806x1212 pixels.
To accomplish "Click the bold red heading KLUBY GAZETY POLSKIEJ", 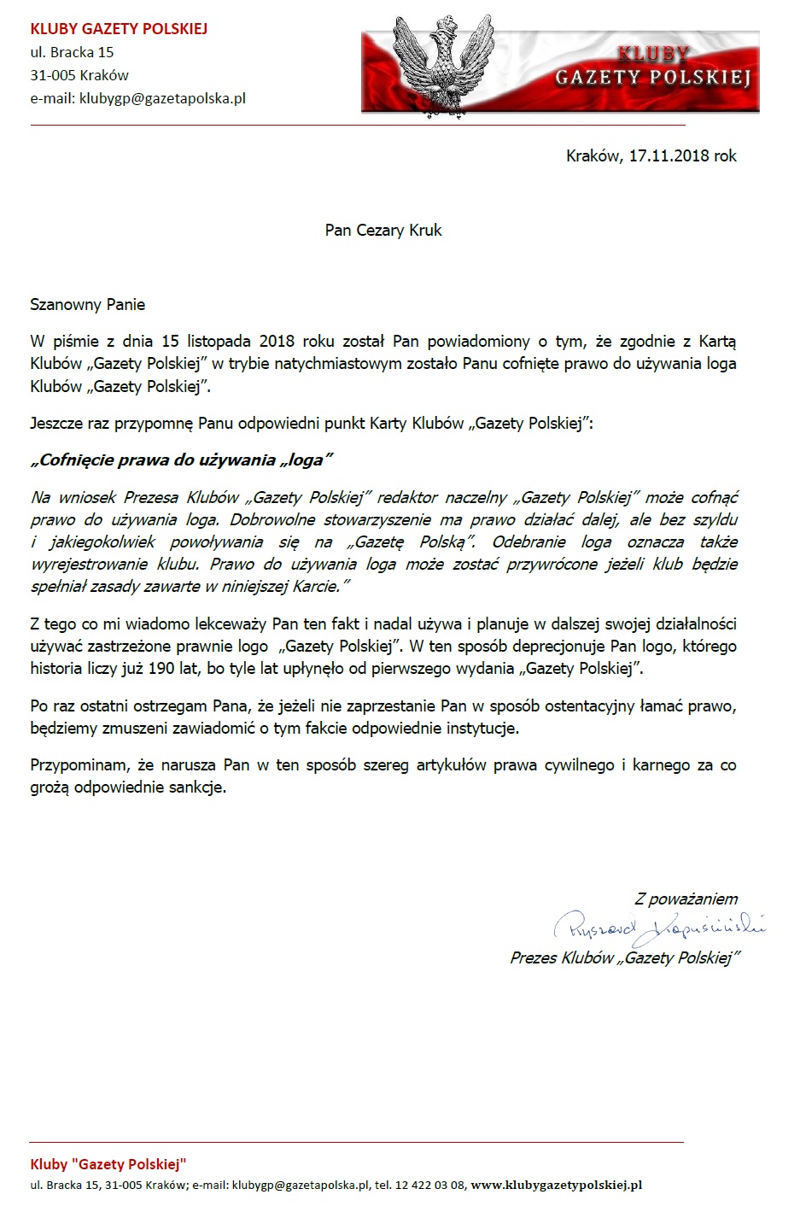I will pos(119,29).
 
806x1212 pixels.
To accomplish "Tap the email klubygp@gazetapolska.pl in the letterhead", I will pos(162,98).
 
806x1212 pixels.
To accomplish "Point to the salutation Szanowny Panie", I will pos(88,305).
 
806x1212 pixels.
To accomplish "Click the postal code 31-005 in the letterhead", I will pos(53,75).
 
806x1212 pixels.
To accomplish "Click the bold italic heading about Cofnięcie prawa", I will pos(181,460).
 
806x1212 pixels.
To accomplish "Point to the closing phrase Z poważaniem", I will pos(686,899).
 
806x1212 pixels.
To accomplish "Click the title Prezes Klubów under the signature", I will pos(562,958).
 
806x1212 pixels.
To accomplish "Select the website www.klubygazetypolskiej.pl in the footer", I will pos(556,1186).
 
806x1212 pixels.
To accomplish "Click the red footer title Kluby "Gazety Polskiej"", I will pos(108,1164).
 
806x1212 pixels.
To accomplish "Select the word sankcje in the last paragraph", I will pos(197,788).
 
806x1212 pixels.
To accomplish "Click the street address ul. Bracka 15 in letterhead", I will pos(73,52).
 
